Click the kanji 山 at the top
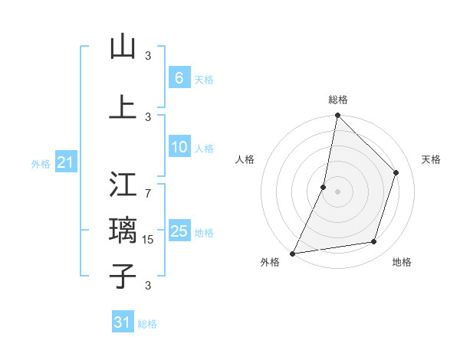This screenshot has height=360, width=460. (123, 47)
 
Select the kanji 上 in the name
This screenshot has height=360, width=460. (123, 107)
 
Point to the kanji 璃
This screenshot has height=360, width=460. (123, 230)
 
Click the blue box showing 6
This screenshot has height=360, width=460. (179, 78)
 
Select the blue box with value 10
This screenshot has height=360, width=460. (179, 148)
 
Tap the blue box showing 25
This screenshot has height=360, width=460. (179, 232)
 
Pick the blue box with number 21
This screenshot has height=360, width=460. (65, 162)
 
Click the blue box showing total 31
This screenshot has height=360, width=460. (122, 323)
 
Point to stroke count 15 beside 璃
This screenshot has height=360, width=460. (149, 240)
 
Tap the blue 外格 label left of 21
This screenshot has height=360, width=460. (40, 163)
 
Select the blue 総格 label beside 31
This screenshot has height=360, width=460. (147, 324)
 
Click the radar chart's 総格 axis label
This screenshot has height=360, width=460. (338, 100)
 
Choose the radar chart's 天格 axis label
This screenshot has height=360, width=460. (431, 159)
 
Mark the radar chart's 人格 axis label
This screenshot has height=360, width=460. (245, 159)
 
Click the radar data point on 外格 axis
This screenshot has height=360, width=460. (292, 254)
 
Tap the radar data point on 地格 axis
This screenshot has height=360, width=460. (374, 242)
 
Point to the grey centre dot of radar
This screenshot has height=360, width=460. (337, 191)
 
